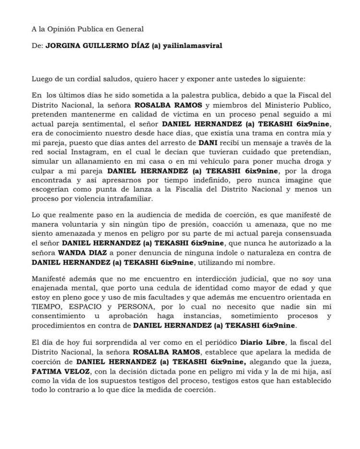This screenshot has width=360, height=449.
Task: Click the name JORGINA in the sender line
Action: tap(63, 46)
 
